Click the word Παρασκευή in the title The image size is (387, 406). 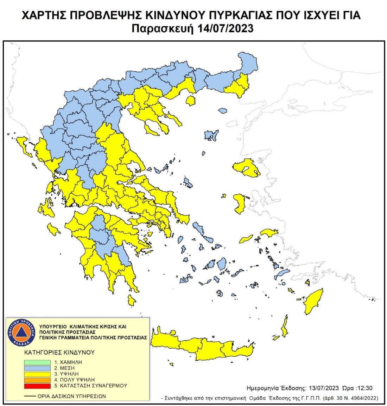(x=163, y=28)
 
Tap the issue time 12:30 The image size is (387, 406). (x=364, y=388)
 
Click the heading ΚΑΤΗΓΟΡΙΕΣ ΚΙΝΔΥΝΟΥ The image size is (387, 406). (x=59, y=352)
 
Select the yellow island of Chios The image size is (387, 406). (x=240, y=204)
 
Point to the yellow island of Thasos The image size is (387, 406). (x=191, y=102)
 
